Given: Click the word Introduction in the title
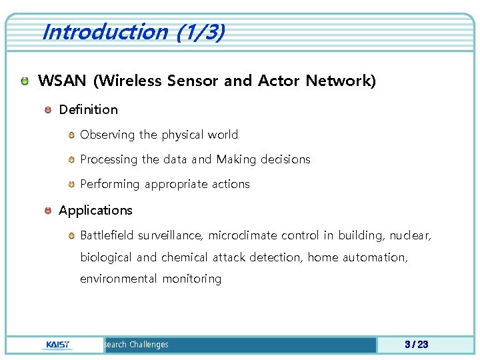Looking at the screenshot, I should tap(104, 31).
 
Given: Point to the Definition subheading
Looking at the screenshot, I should tap(88, 109).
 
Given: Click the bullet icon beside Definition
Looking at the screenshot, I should tap(48, 109).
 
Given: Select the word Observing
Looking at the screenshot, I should tap(107, 135).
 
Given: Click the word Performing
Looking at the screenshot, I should tap(109, 184).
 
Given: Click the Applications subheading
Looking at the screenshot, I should tap(95, 210).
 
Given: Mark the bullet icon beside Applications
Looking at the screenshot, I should tap(48, 210).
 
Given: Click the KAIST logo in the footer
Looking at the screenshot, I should tap(59, 345).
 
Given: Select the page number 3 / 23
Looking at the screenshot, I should tap(416, 345).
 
